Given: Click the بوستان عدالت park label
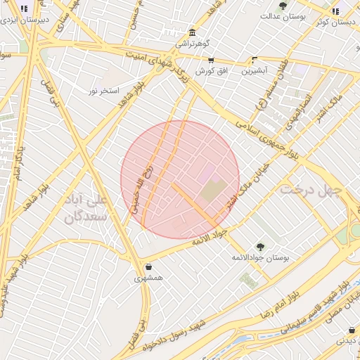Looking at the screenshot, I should [x=283, y=15].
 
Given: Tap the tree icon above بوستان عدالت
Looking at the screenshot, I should [x=283, y=6].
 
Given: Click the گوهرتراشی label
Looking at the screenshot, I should [x=191, y=44].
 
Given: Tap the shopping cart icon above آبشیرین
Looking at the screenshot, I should [x=254, y=60].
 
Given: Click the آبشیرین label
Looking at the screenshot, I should [x=255, y=71].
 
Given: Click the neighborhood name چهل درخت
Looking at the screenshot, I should [x=310, y=191].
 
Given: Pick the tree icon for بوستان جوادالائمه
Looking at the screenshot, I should [x=261, y=247].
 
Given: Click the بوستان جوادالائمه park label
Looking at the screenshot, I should [x=261, y=258].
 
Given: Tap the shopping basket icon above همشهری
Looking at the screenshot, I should [x=149, y=267].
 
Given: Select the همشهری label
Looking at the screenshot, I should [x=149, y=278].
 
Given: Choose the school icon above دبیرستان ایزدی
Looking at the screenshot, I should [x=25, y=10].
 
